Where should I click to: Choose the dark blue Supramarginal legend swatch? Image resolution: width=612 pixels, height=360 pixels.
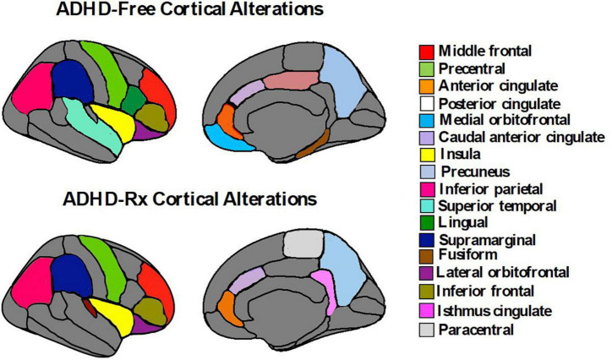(x=427, y=232)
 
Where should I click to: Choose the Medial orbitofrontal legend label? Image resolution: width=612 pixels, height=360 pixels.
(x=493, y=116)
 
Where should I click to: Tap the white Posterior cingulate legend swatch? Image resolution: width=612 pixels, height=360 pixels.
(x=427, y=97)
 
